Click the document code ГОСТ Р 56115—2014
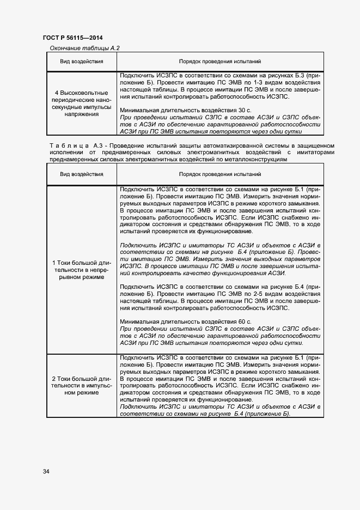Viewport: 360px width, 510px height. (72, 38)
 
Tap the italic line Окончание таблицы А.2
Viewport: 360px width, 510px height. (84, 48)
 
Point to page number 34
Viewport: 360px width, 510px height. (46, 471)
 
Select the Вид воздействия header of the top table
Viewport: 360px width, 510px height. (82, 62)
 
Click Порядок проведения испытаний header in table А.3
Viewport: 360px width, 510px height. (220, 174)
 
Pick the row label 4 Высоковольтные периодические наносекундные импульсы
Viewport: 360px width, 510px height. (82, 104)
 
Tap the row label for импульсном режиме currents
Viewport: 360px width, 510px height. (82, 385)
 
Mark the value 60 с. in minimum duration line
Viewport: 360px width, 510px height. (244, 322)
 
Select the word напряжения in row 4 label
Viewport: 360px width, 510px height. (82, 115)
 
